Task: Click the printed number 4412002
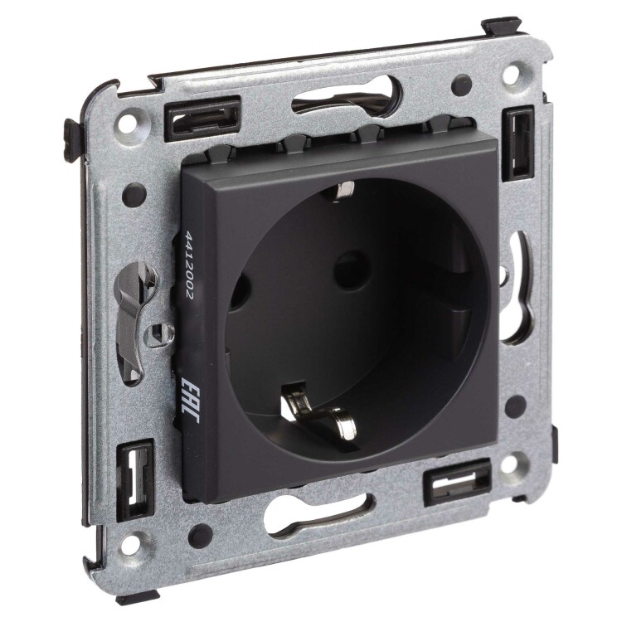(187, 265)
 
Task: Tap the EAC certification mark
(190, 400)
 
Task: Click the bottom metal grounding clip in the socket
(318, 412)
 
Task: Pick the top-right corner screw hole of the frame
(511, 74)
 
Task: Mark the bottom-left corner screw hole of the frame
(141, 542)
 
